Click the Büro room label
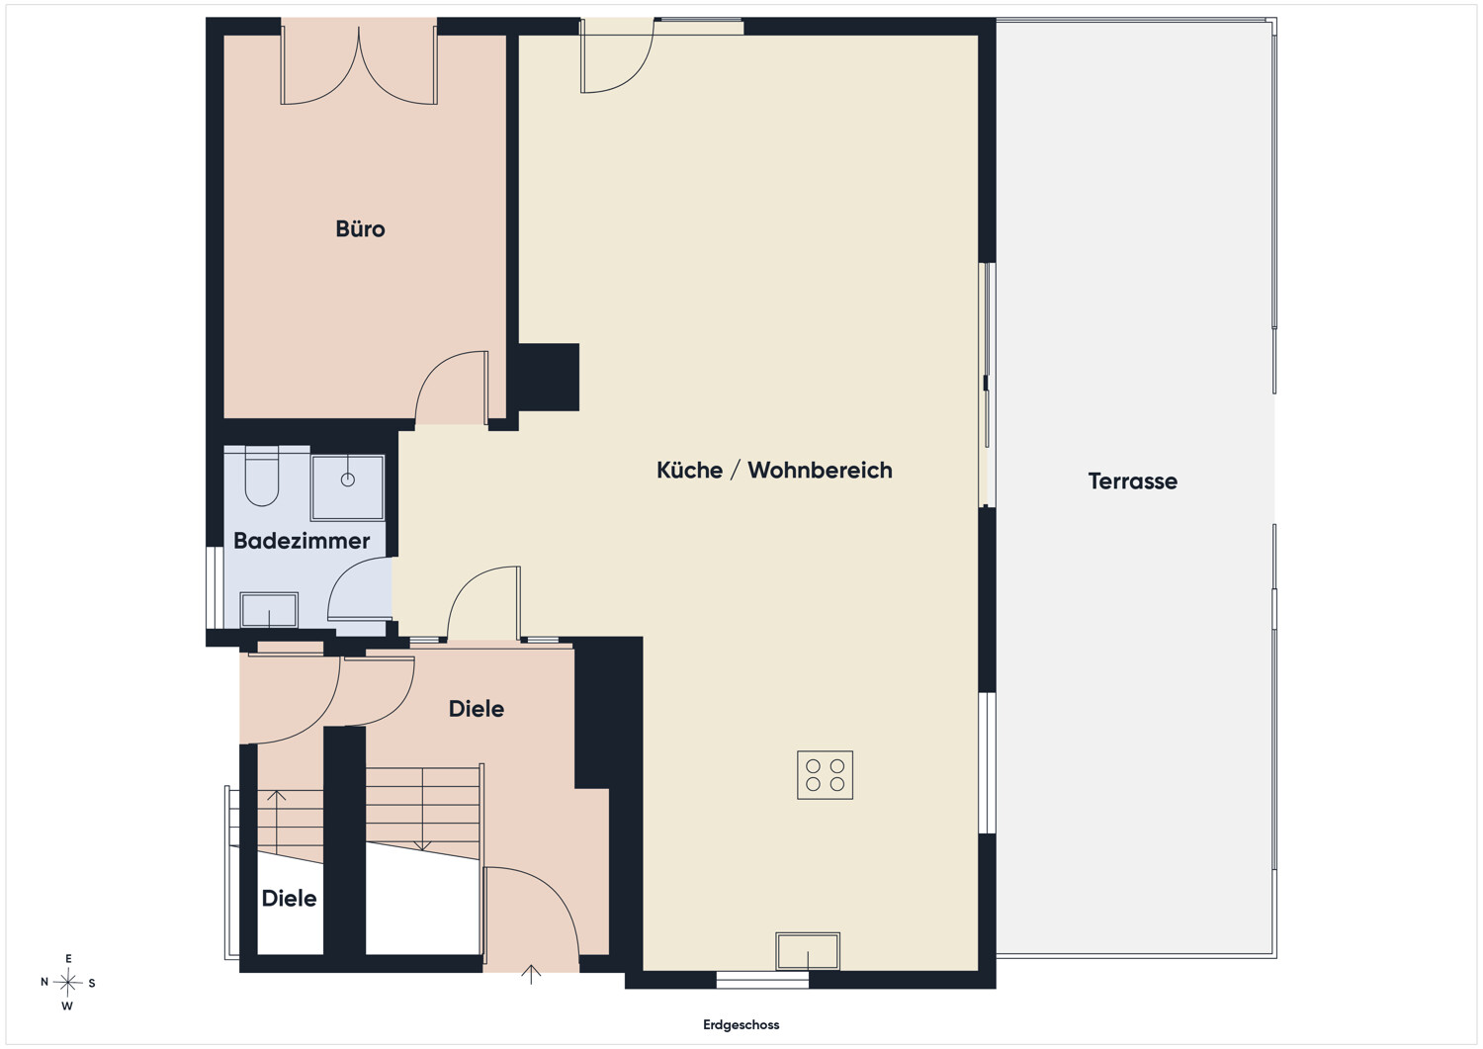coord(360,229)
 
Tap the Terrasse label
coord(1133,481)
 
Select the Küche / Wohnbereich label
coord(774,471)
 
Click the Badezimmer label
coord(302,541)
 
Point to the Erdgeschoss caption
coord(741,1025)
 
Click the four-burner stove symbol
coord(825,775)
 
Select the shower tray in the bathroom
coord(348,487)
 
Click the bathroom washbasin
coord(269,609)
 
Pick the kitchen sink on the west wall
coord(808,952)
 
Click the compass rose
coord(67,983)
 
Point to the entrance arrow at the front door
coord(531,974)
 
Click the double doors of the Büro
coord(359,65)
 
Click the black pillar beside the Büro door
coord(548,377)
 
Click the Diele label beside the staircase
coord(290,899)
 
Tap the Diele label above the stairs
coord(476,709)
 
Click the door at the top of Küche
coord(617,58)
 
